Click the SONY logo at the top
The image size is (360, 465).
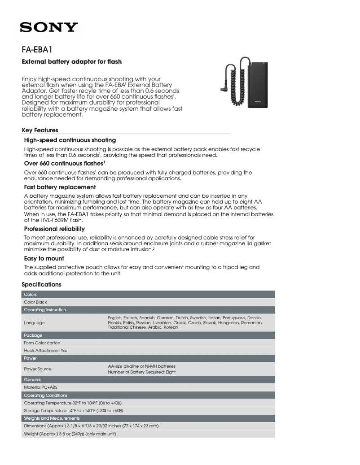(49, 28)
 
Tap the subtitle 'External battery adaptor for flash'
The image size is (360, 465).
(72, 61)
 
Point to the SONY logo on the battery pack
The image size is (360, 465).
(258, 102)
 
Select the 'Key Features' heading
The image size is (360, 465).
(40, 130)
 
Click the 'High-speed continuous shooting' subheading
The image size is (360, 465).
(70, 140)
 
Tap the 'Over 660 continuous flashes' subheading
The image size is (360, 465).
(64, 164)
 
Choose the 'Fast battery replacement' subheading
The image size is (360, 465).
(59, 187)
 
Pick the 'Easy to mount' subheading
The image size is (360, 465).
(44, 258)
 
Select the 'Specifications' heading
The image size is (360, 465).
(41, 285)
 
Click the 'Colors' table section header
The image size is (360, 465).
(31, 294)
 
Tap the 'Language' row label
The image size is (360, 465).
(34, 322)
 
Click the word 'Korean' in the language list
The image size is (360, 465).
(171, 327)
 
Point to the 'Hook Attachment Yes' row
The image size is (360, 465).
(45, 351)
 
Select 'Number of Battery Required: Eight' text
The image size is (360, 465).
(142, 372)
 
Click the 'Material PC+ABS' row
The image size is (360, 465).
(40, 387)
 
